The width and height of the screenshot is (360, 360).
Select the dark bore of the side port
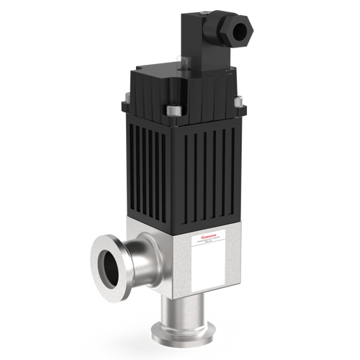point(107,267)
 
